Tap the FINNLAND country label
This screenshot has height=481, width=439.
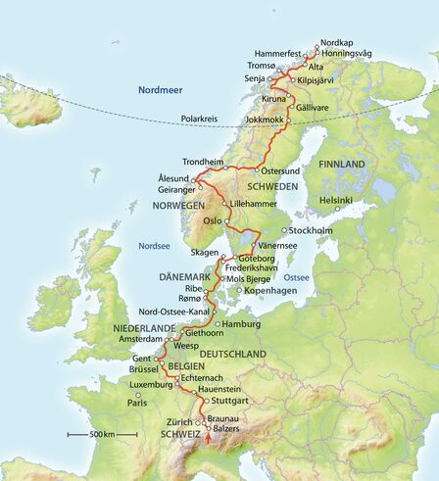coord(342,163)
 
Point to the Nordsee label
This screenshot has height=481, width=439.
coord(155,246)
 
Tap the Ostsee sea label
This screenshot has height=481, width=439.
coord(297,277)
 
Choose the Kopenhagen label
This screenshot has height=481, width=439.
coord(268,291)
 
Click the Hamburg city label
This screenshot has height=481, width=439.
coord(240,323)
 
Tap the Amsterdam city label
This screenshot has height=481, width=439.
coord(139,337)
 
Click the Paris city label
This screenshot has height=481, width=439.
coord(135,403)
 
